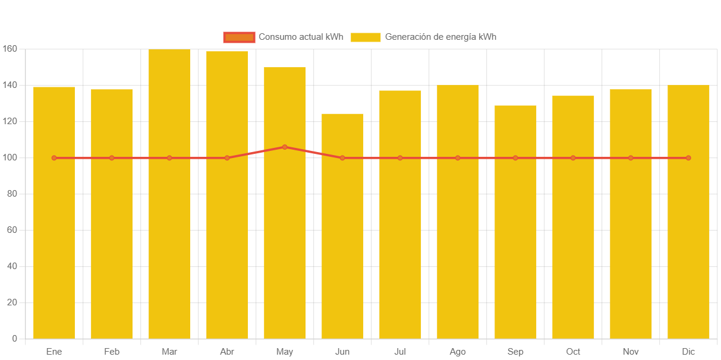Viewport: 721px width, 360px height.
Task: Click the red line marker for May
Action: point(285,147)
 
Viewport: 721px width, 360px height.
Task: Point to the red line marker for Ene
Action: point(54,158)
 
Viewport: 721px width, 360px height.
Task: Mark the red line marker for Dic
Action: point(688,158)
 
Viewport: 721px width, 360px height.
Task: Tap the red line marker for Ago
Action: point(458,158)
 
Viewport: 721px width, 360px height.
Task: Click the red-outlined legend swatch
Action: point(239,37)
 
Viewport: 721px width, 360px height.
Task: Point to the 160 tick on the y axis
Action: point(10,49)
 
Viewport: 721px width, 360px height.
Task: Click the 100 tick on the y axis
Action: point(10,157)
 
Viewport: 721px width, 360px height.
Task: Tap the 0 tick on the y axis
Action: point(14,339)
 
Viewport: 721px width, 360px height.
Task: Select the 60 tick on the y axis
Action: point(12,230)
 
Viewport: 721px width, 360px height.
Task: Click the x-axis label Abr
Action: point(227,352)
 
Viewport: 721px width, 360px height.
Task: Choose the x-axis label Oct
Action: point(573,352)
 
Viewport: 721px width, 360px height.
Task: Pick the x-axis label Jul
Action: point(400,352)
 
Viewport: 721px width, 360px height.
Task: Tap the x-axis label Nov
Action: point(631,352)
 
